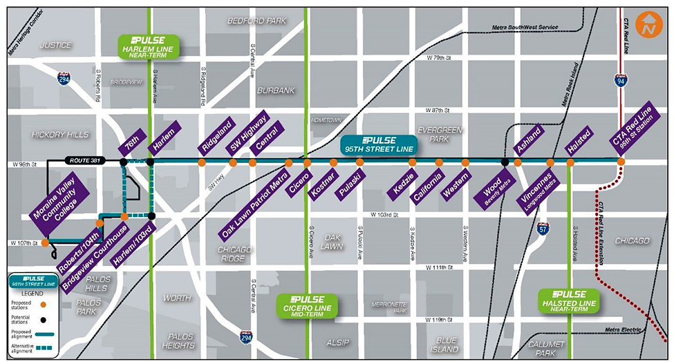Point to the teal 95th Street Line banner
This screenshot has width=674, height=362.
pyautogui.click(x=378, y=144)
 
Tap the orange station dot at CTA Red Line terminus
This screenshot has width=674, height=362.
pyautogui.click(x=621, y=162)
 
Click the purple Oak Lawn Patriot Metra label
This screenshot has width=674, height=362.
pyautogui.click(x=256, y=198)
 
